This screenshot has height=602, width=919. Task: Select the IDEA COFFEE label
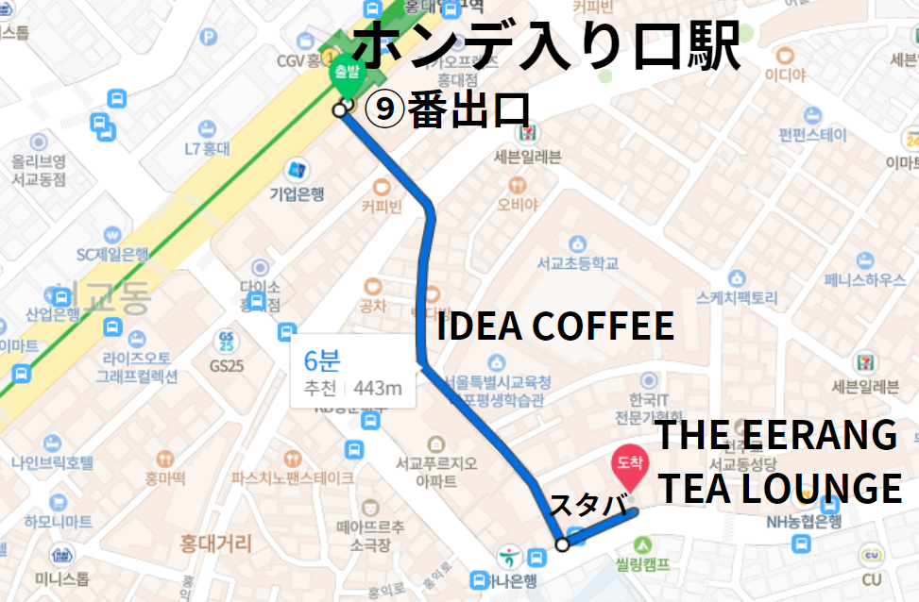click(554, 326)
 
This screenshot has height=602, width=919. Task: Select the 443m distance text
click(378, 388)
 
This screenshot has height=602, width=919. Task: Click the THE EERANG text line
click(775, 435)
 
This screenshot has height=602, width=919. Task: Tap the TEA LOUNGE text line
click(779, 489)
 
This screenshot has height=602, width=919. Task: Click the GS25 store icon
click(227, 340)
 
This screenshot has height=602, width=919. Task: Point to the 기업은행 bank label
click(297, 194)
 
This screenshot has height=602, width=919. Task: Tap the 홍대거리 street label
click(216, 543)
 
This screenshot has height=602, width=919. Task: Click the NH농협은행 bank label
click(805, 521)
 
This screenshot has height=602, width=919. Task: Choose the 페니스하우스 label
click(864, 280)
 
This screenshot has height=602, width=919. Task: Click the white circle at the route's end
click(562, 544)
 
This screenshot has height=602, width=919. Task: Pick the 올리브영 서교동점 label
click(39, 169)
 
